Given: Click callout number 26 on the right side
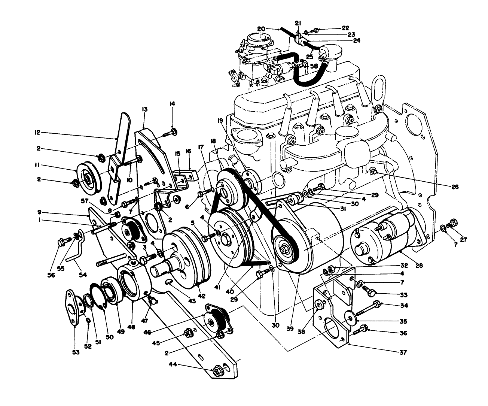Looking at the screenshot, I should [x=454, y=186].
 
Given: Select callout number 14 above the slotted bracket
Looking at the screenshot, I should [x=172, y=103].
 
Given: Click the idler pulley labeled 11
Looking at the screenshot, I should [x=86, y=178].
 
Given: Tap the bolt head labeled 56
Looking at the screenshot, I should [x=61, y=242].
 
